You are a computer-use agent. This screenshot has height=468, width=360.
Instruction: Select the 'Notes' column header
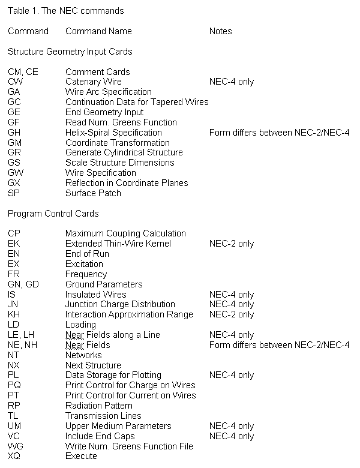[x=220, y=31]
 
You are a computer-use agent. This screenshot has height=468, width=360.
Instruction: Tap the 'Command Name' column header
[x=98, y=31]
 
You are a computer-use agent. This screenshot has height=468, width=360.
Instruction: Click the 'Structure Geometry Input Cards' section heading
[x=70, y=52]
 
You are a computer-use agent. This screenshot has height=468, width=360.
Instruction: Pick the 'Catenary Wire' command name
[x=94, y=82]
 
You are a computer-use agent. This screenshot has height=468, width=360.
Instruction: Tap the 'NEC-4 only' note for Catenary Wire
[x=232, y=82]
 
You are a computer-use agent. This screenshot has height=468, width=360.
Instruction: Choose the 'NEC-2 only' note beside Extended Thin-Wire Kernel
[x=232, y=244]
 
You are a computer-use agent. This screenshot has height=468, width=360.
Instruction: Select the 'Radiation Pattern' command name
[x=100, y=406]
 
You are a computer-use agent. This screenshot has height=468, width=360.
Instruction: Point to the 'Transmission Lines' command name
[x=103, y=416]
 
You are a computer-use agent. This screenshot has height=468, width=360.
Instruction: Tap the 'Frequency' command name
[x=86, y=274]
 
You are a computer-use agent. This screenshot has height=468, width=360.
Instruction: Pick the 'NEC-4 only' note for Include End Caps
[x=232, y=436]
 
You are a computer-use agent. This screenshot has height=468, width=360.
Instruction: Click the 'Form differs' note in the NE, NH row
[x=279, y=345]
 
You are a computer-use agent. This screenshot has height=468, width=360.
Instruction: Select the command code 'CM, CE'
[x=23, y=72]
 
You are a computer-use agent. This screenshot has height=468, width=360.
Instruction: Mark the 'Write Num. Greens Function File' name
[x=129, y=446]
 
